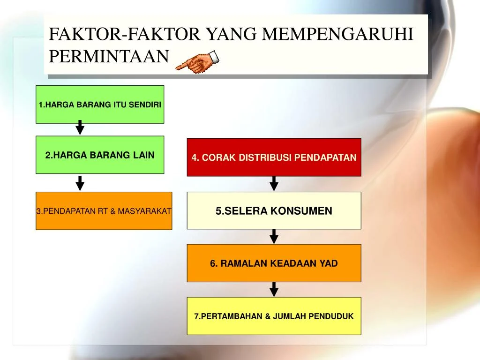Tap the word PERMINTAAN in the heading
(x=109, y=56)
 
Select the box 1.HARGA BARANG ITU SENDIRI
(x=100, y=105)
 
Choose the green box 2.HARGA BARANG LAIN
(x=100, y=155)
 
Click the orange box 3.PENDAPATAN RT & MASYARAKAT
(x=104, y=211)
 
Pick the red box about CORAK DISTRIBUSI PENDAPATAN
(x=274, y=157)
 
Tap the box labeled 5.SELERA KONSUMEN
(x=274, y=211)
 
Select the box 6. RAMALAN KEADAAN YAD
(x=274, y=263)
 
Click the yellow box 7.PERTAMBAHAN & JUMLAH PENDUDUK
(x=274, y=316)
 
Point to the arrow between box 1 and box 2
(x=80, y=127)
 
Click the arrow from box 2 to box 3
(x=80, y=183)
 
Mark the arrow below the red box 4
(x=274, y=184)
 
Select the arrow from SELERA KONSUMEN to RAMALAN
(x=274, y=236)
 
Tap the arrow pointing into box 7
(x=274, y=289)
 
